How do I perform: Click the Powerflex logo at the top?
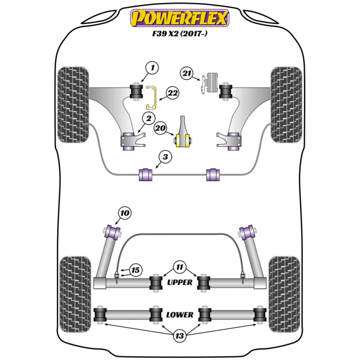coord(180,18)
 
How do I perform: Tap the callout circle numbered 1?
coord(152,68)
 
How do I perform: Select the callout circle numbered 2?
coord(148,117)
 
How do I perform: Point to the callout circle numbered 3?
coord(165,157)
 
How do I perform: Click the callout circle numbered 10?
coord(124,213)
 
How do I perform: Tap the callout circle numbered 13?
coord(179,337)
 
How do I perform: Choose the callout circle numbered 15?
coord(135,270)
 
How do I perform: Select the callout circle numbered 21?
coord(187,74)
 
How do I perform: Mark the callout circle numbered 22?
coord(173,94)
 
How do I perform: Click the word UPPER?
coord(180,282)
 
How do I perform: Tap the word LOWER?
coord(180,315)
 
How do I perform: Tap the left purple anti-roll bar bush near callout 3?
coord(145,174)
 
